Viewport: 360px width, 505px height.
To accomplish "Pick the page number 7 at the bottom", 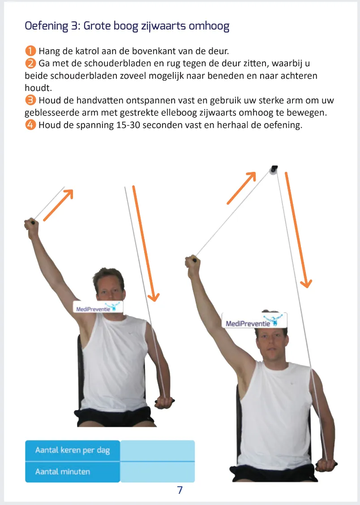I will [x=180, y=490].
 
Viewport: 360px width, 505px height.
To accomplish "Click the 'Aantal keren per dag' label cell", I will [x=72, y=450].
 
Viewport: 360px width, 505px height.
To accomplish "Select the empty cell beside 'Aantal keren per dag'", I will [x=157, y=450].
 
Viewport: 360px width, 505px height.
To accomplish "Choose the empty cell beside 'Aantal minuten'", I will [x=157, y=471].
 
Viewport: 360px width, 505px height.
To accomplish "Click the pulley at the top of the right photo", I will [x=273, y=171].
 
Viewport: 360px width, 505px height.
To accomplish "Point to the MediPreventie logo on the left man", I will [x=98, y=307].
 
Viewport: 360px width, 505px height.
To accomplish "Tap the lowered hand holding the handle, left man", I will [x=164, y=402].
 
